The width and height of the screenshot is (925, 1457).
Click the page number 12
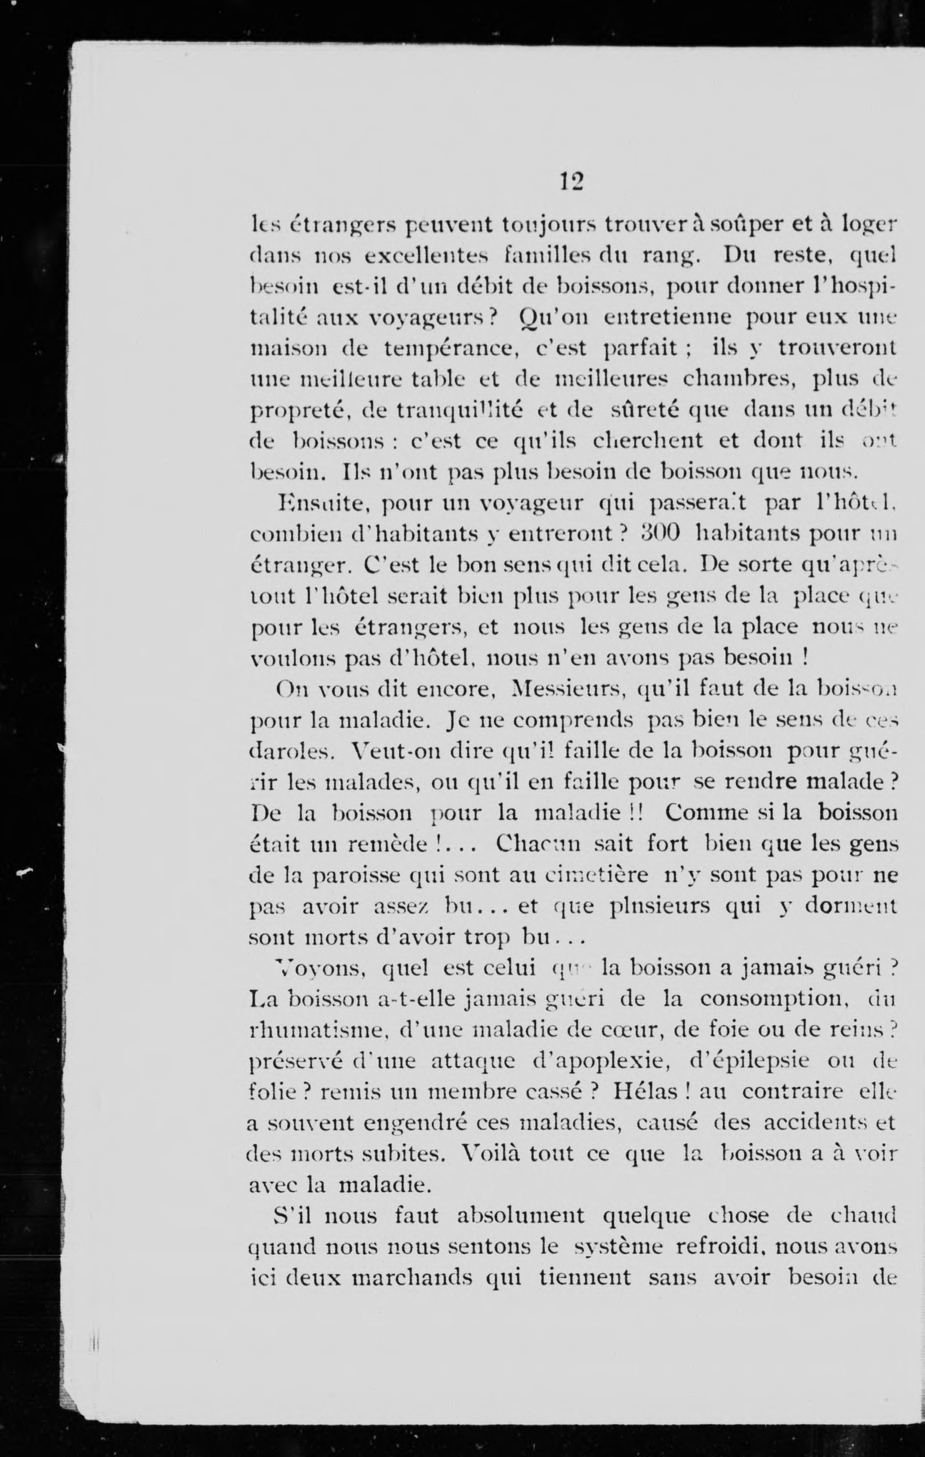coord(570,181)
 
